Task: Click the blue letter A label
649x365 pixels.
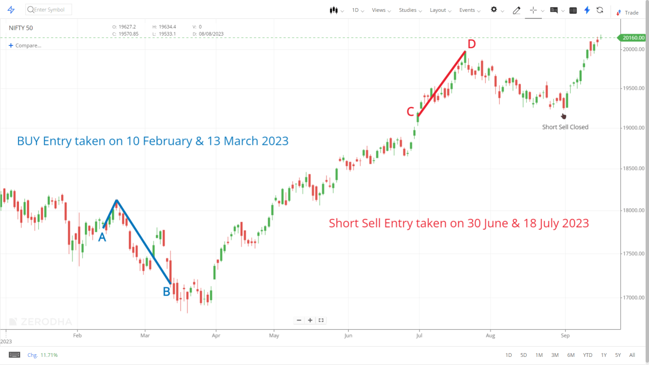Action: click(102, 236)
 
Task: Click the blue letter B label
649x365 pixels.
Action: click(167, 292)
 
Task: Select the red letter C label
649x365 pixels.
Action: click(410, 112)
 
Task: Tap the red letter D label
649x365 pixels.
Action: click(471, 44)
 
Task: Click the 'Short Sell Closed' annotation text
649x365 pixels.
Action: click(565, 127)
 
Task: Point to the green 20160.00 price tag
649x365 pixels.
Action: click(633, 38)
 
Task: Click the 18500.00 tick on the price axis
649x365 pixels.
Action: click(633, 169)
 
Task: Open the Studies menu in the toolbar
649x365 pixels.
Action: click(408, 10)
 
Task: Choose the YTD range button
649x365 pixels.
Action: click(587, 355)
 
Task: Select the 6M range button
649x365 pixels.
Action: click(571, 355)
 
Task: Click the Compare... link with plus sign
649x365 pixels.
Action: click(25, 45)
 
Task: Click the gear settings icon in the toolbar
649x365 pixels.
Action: click(494, 10)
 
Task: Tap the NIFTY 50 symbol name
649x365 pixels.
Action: click(21, 28)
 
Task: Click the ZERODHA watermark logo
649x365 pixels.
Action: click(41, 322)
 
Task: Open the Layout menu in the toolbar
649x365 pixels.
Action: click(438, 10)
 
